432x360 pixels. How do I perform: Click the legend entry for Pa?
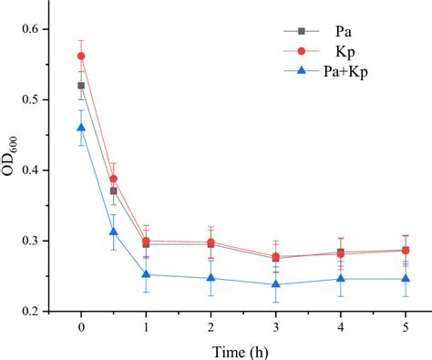pos(333,42)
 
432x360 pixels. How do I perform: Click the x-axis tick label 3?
pos(275,326)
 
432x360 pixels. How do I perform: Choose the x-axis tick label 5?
pos(405,326)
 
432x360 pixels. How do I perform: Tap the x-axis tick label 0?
pos(81,326)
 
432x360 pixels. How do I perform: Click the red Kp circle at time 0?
pos(81,56)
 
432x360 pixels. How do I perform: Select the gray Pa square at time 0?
pos(81,86)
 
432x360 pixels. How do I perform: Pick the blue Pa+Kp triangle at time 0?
pos(81,128)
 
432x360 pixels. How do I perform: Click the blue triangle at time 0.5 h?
pos(114,231)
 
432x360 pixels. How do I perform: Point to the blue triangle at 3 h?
pos(275,284)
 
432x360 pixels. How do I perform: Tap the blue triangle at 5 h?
pos(405,279)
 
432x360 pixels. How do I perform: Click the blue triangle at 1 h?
pos(146,274)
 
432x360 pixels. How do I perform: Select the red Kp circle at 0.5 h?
pos(114,179)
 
